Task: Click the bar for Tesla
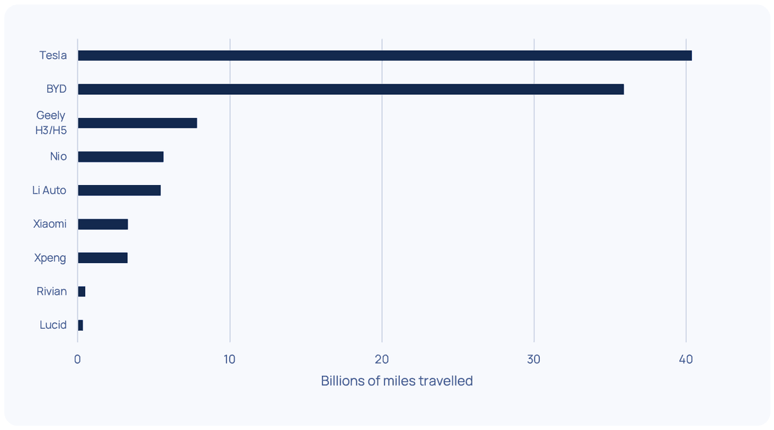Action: (384, 55)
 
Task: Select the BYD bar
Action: (350, 89)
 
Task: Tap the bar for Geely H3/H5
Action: (137, 123)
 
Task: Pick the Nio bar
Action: (120, 157)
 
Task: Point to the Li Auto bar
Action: (119, 190)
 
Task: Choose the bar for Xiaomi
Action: (103, 224)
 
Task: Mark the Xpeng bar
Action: (103, 258)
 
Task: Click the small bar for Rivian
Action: (81, 291)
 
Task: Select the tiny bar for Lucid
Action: (80, 326)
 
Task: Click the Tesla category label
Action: (53, 55)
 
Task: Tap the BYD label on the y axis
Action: (56, 89)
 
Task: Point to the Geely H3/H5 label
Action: (50, 123)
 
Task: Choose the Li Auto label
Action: (49, 190)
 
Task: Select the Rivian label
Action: (52, 291)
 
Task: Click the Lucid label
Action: (53, 326)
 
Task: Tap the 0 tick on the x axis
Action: (77, 359)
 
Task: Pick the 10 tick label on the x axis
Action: (230, 359)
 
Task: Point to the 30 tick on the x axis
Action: (533, 359)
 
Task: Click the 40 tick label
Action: (686, 359)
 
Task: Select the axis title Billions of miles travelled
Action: (397, 381)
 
